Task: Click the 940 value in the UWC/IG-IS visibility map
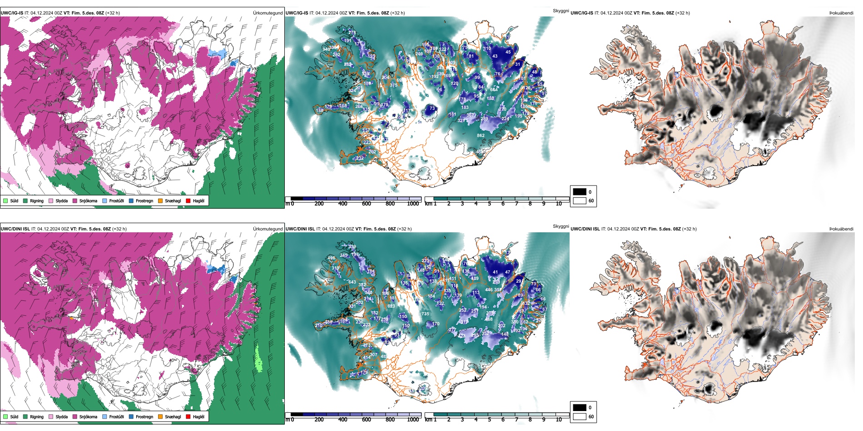pyautogui.click(x=326, y=49)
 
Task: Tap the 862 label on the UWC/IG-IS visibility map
pyautogui.click(x=481, y=136)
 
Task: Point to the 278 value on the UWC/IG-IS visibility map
pyautogui.click(x=352, y=33)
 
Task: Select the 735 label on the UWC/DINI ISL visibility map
pyautogui.click(x=425, y=314)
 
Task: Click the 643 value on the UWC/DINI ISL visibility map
pyautogui.click(x=352, y=282)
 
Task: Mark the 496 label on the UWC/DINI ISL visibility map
pyautogui.click(x=331, y=258)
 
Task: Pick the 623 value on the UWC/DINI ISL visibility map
pyautogui.click(x=391, y=306)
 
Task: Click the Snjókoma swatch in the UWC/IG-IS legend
pyautogui.click(x=75, y=201)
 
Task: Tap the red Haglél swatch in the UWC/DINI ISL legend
pyautogui.click(x=188, y=416)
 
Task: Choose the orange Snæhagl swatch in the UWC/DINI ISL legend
pyautogui.click(x=160, y=416)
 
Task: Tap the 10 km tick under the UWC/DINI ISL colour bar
pyautogui.click(x=559, y=420)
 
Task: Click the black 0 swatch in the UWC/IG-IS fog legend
pyautogui.click(x=580, y=192)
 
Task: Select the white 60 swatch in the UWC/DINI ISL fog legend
pyautogui.click(x=580, y=416)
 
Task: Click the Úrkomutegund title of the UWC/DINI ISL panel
pyautogui.click(x=268, y=229)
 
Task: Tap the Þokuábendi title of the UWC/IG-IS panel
pyautogui.click(x=841, y=13)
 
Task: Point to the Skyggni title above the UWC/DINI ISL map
pyautogui.click(x=560, y=226)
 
